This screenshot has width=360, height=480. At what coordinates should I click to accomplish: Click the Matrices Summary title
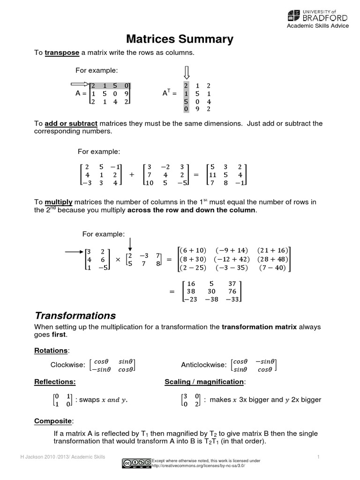click(180, 39)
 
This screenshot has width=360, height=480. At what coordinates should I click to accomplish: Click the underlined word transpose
click(62, 52)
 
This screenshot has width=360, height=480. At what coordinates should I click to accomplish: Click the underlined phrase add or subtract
click(71, 124)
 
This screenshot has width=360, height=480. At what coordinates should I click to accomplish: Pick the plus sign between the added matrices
click(131, 174)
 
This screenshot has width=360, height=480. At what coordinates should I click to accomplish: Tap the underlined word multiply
click(59, 202)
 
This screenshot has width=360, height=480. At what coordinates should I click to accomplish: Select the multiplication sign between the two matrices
click(118, 259)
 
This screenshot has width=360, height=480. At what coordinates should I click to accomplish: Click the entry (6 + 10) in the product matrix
click(192, 250)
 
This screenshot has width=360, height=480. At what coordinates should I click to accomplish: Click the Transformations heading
click(75, 315)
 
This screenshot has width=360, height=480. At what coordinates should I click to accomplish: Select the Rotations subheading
click(51, 351)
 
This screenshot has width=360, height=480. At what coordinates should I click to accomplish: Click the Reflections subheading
click(55, 382)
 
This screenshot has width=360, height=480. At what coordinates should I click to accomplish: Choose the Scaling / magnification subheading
click(204, 382)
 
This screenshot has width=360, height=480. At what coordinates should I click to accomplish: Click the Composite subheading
click(53, 421)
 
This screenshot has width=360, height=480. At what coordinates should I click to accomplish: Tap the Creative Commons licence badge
click(136, 463)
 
